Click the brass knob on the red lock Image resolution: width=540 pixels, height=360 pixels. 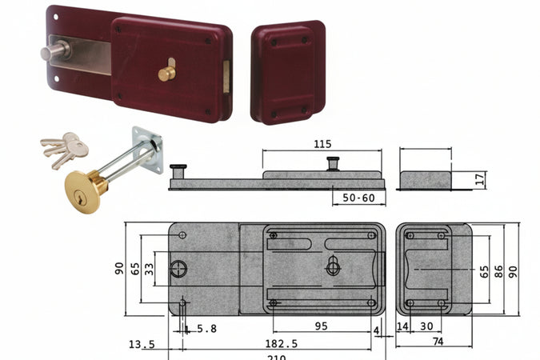click(x=166, y=73)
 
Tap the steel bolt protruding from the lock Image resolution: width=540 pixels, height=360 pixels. click(x=55, y=54)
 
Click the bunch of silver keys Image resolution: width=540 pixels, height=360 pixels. click(x=63, y=148)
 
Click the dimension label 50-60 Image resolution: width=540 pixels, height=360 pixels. click(x=358, y=198)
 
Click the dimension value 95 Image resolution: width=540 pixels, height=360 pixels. click(x=320, y=326)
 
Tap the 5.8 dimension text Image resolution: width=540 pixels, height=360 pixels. click(x=206, y=327)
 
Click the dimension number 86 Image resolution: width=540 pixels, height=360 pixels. click(x=498, y=271)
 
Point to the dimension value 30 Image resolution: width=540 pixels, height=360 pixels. click(x=426, y=326)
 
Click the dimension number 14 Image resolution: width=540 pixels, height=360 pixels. click(x=402, y=326)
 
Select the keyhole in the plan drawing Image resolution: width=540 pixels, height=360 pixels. click(x=333, y=267)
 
